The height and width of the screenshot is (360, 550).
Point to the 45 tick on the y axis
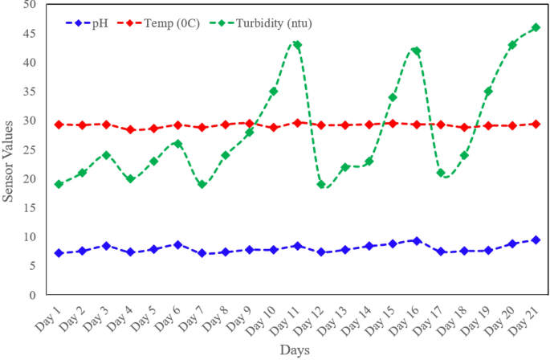(x=31, y=33)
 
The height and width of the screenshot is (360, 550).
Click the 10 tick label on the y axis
(x=31, y=236)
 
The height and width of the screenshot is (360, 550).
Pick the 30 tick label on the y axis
(x=31, y=121)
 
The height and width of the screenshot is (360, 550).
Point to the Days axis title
(x=295, y=350)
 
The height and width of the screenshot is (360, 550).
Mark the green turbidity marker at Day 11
(x=297, y=45)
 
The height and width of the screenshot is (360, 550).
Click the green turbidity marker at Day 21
(x=536, y=27)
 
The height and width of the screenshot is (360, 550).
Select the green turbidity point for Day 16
(x=416, y=51)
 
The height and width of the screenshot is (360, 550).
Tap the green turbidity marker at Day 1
(x=59, y=184)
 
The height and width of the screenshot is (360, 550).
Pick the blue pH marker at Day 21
(x=536, y=239)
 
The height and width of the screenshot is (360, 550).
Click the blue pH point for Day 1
(x=59, y=252)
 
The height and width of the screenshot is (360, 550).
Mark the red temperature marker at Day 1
(x=59, y=125)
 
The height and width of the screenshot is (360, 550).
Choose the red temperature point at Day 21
(x=536, y=124)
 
